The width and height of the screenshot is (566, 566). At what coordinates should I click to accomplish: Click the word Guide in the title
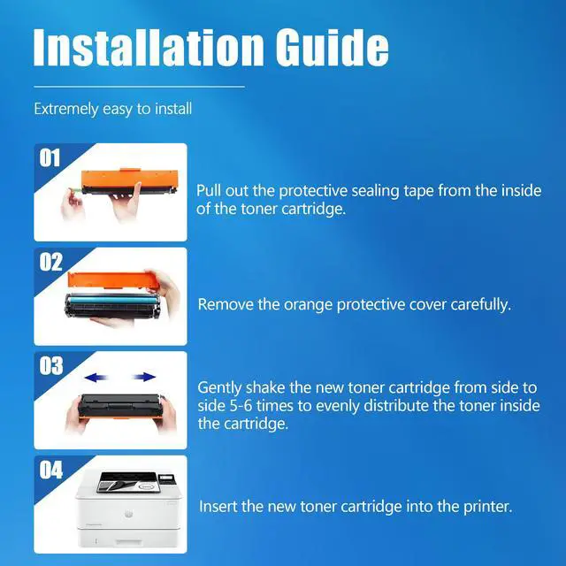333,47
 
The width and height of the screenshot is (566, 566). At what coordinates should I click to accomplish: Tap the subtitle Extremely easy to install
112,109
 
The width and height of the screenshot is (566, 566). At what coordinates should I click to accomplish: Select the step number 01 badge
50,158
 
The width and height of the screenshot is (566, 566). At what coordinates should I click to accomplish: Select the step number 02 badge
50,262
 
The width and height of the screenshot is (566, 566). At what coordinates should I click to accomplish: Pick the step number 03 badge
51,365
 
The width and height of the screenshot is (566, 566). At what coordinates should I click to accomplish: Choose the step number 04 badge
51,470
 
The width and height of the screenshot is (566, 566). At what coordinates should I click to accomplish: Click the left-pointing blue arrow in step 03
96,378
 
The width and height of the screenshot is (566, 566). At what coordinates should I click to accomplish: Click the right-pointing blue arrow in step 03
143,378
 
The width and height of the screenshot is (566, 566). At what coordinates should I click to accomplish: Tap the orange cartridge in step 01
130,180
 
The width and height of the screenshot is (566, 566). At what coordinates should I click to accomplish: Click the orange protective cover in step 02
113,280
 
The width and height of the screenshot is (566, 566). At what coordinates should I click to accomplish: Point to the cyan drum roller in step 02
112,299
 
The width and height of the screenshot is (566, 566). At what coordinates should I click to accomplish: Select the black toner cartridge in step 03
120,406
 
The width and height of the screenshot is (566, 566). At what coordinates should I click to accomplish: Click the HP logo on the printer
128,514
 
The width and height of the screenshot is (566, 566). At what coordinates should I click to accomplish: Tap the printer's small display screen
165,478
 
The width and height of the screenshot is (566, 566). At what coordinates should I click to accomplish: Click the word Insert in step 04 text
218,506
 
